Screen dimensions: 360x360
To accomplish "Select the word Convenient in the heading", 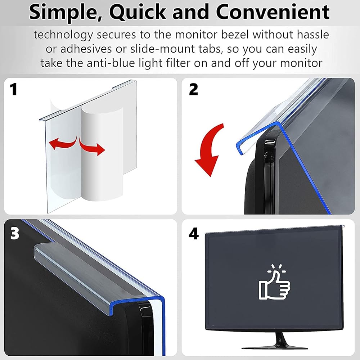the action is tap(273, 12).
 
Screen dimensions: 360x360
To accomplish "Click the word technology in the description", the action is tap(63, 35).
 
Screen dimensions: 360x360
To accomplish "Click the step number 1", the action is tap(14, 89).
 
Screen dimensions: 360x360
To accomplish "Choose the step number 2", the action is tap(193, 89).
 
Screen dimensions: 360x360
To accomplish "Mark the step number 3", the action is tap(15, 233).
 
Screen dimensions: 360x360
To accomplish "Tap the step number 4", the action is tap(194, 234).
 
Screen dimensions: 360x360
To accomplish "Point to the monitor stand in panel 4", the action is tap(275, 341).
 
